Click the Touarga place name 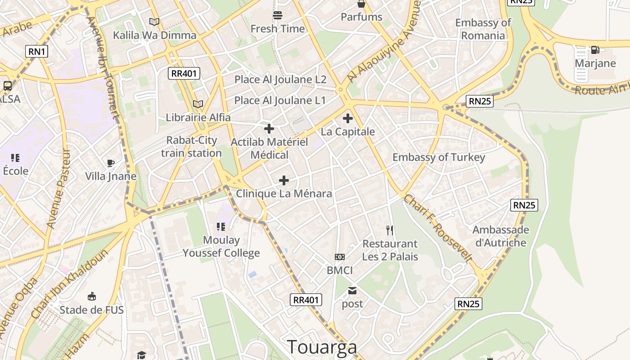tap(322, 347)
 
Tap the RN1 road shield tap(37, 52)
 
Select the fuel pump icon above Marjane tap(595, 50)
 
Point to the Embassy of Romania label tap(483, 29)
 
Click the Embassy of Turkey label tap(439, 157)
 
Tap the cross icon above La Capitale tap(348, 118)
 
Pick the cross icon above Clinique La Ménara tap(284, 180)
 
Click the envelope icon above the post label tap(352, 291)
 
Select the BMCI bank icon tap(340, 257)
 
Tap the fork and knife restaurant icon tap(390, 230)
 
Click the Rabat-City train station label tap(191, 147)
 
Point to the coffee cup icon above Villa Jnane tap(111, 163)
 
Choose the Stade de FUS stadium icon tap(92, 296)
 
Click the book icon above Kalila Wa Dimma tap(154, 22)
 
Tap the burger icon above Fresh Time tap(278, 15)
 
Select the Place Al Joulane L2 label tap(280, 80)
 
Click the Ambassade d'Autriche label tap(501, 236)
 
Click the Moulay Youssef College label tap(221, 247)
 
